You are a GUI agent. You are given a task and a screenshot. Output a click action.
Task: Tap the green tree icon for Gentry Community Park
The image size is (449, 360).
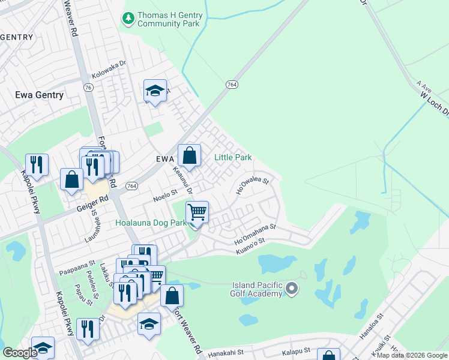(128, 19)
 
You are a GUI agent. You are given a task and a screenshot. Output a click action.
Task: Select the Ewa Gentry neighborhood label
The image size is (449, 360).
(39, 95)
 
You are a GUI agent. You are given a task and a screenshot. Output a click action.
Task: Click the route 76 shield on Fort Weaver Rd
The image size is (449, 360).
(88, 88)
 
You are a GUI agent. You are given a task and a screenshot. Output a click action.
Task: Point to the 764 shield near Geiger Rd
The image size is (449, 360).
(131, 187)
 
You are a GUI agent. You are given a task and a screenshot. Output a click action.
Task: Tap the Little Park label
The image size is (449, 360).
(233, 158)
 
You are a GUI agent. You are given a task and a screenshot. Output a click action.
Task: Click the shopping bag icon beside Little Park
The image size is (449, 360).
(189, 156)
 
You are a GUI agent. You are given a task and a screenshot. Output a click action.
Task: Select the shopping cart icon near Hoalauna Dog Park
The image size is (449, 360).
(196, 212)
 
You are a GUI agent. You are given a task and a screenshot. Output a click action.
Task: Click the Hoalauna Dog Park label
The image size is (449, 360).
(151, 223)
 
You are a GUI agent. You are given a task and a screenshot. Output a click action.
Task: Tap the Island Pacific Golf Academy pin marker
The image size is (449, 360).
(292, 289)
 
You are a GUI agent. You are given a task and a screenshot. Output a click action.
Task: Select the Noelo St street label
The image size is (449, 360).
(166, 194)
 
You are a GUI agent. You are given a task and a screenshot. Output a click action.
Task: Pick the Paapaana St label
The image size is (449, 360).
(77, 263)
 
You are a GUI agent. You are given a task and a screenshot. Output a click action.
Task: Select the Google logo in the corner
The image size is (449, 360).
(19, 353)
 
